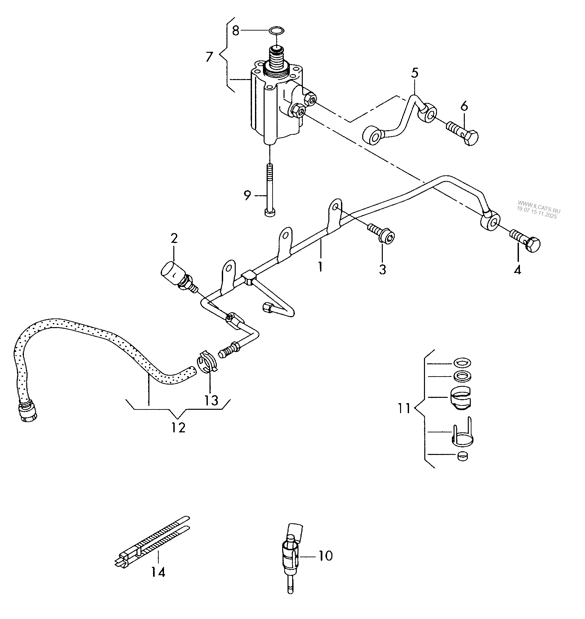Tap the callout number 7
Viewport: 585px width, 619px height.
click(x=209, y=57)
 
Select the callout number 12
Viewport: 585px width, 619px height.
click(x=179, y=428)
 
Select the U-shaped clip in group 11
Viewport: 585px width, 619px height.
click(x=462, y=433)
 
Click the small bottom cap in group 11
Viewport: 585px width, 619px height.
click(x=462, y=456)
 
